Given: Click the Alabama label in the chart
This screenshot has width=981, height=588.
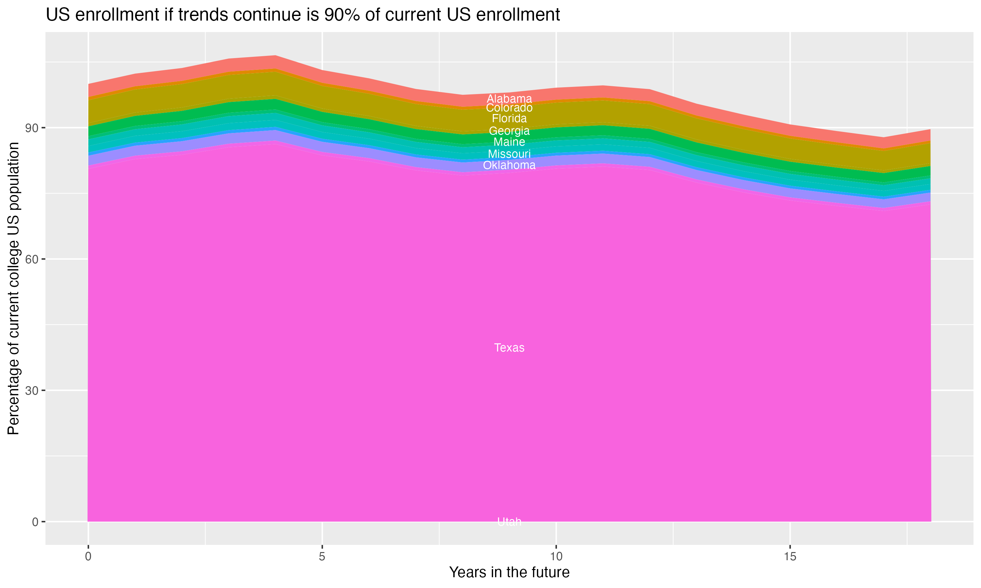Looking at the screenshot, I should click(509, 99).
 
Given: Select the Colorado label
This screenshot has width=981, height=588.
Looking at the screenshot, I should click(509, 108).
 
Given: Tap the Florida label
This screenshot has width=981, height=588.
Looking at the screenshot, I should click(509, 119).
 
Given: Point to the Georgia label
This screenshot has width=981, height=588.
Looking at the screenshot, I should click(509, 131).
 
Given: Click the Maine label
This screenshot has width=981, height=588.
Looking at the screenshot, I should click(509, 142).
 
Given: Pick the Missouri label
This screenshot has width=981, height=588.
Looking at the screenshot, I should click(509, 154).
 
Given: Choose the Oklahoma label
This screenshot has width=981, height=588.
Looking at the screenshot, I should click(509, 165).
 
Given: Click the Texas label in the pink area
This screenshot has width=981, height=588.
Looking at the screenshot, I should click(509, 348).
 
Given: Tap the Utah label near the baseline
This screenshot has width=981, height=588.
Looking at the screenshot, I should click(509, 522).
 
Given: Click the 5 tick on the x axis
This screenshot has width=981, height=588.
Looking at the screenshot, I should click(322, 557).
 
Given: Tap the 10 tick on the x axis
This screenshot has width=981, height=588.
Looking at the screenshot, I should click(556, 557).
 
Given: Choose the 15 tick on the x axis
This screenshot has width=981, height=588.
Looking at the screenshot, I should click(790, 557).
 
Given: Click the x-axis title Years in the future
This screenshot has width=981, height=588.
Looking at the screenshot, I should click(509, 573).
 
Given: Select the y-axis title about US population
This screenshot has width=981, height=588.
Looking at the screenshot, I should click(13, 288).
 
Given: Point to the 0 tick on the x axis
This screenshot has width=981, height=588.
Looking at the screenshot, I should click(88, 557).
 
